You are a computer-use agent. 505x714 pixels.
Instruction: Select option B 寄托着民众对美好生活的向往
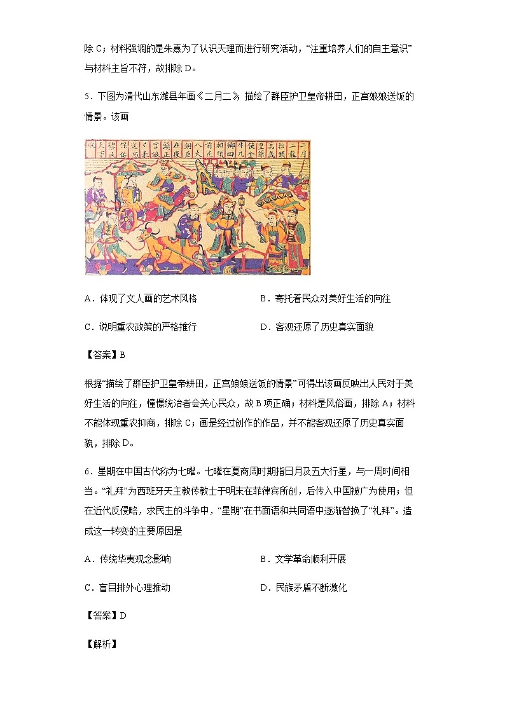coord(325,298)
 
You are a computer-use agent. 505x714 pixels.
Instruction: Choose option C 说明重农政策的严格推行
coord(141,327)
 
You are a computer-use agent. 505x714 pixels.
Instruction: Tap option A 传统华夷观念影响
coord(128,560)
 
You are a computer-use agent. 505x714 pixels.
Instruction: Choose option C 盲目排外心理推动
coord(128,588)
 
